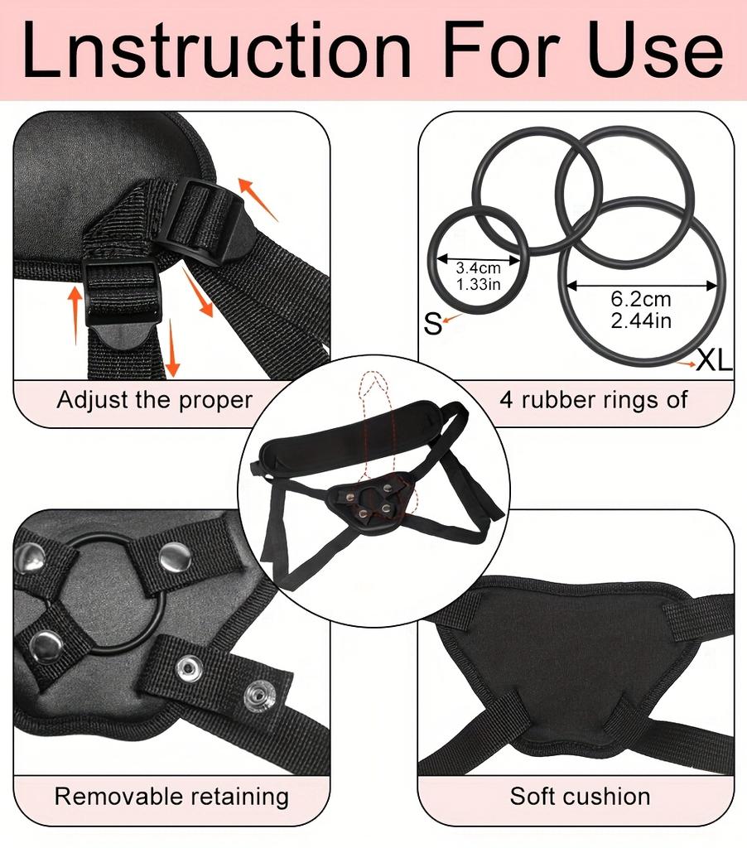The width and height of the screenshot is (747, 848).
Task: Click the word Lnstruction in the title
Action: (x=216, y=51)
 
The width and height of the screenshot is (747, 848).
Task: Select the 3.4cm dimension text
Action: (x=478, y=267)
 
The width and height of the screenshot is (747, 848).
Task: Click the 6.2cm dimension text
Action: (x=641, y=298)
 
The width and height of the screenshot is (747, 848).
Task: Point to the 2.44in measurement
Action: (x=641, y=320)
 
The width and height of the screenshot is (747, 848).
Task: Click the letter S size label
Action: (x=433, y=324)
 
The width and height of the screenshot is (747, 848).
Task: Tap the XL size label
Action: (x=714, y=359)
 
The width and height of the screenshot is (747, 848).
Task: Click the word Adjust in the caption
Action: (x=93, y=401)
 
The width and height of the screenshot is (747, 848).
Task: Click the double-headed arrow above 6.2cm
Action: (x=642, y=285)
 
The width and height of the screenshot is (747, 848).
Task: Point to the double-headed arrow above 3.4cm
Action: (x=479, y=258)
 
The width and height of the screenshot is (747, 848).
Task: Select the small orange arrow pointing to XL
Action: (x=686, y=364)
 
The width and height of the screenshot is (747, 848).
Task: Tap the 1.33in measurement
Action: (x=478, y=284)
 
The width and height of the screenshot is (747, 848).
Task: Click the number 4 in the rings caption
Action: (x=506, y=400)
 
